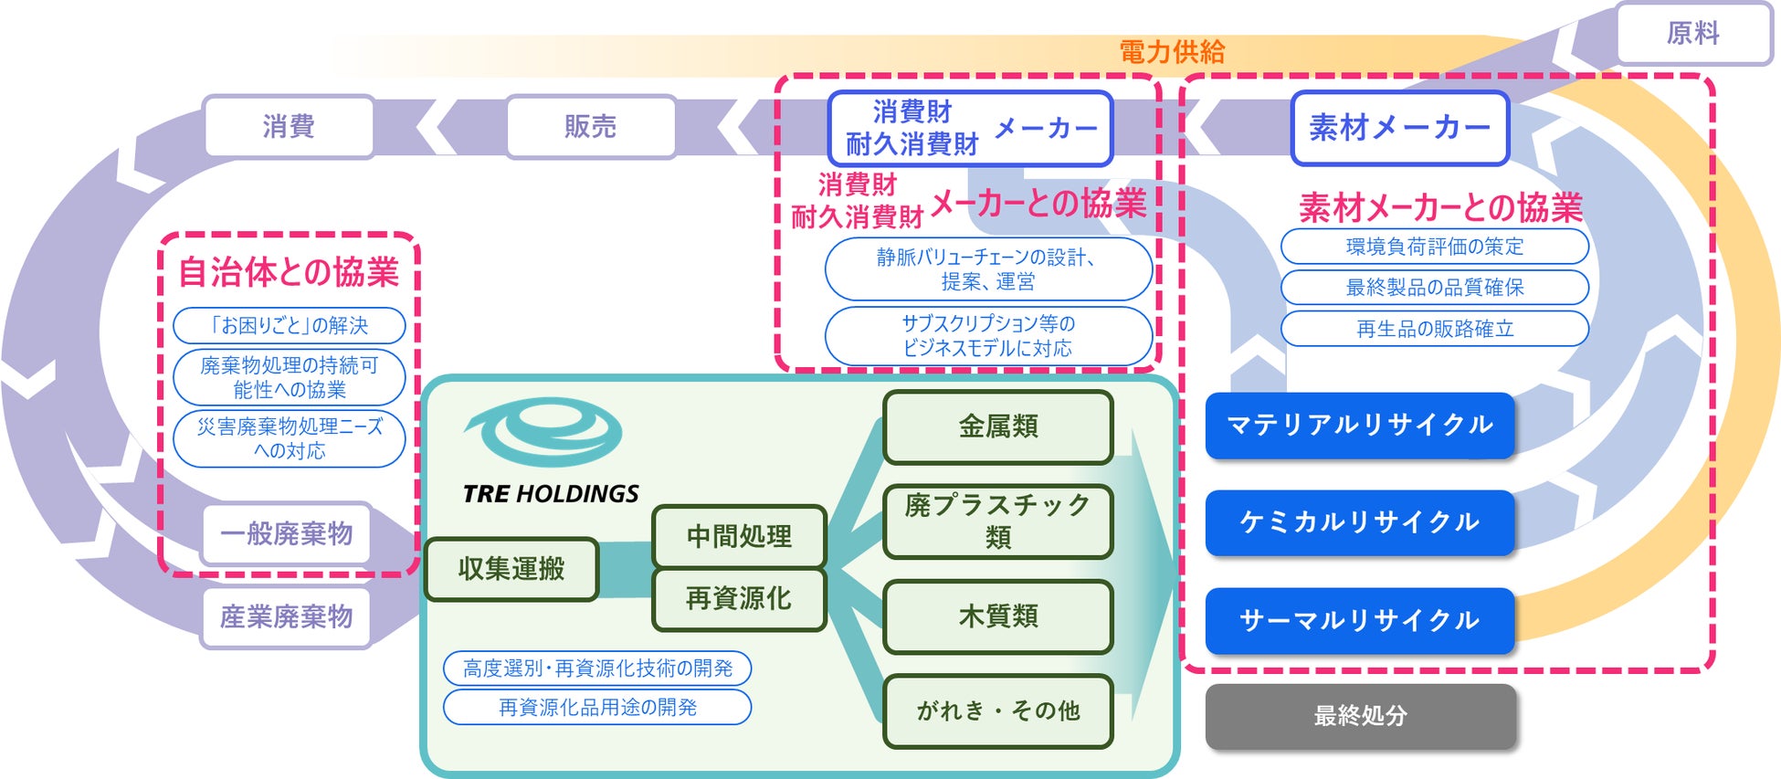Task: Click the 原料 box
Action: click(x=1693, y=34)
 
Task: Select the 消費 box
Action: click(x=289, y=126)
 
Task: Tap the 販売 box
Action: click(x=591, y=126)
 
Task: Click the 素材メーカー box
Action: click(x=1399, y=128)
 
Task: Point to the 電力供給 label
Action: click(x=1172, y=52)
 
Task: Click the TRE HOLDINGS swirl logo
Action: click(x=545, y=432)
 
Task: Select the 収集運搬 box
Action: click(x=511, y=569)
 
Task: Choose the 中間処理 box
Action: click(x=739, y=536)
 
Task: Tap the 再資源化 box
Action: click(x=739, y=599)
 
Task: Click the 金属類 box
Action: click(x=997, y=426)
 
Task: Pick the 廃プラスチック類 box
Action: click(x=997, y=521)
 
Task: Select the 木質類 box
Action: click(x=997, y=616)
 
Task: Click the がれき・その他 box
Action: click(x=997, y=711)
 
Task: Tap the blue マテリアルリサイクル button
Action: click(x=1359, y=425)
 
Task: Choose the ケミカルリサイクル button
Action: click(x=1359, y=522)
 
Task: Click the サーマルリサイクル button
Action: click(x=1359, y=621)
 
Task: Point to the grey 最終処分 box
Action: click(x=1360, y=716)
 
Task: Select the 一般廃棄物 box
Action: click(x=287, y=533)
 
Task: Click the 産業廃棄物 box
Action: click(x=287, y=617)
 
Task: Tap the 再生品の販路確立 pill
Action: click(x=1434, y=329)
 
